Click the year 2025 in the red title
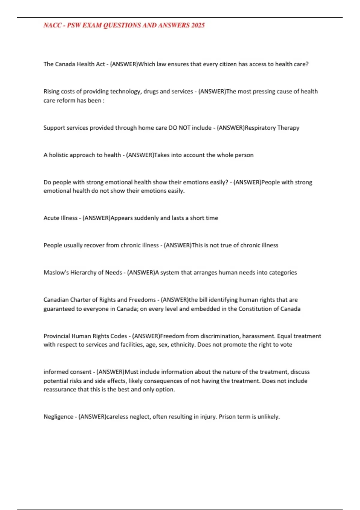[198, 25]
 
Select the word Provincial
[57, 336]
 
